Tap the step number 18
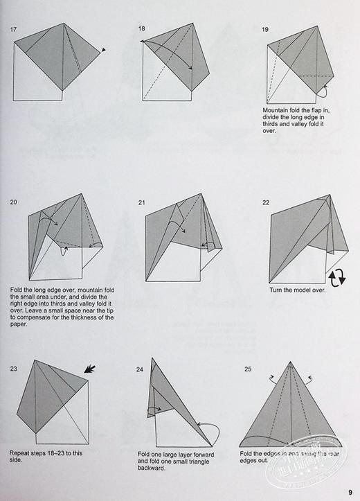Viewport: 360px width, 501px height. (x=142, y=28)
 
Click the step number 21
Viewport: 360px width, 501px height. (x=142, y=202)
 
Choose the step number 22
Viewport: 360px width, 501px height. (x=266, y=202)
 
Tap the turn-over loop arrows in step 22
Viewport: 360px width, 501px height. (x=336, y=278)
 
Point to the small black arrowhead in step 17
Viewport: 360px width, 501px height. (x=103, y=50)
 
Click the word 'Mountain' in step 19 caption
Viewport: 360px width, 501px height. (x=276, y=109)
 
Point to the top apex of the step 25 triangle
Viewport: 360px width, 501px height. (x=290, y=363)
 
